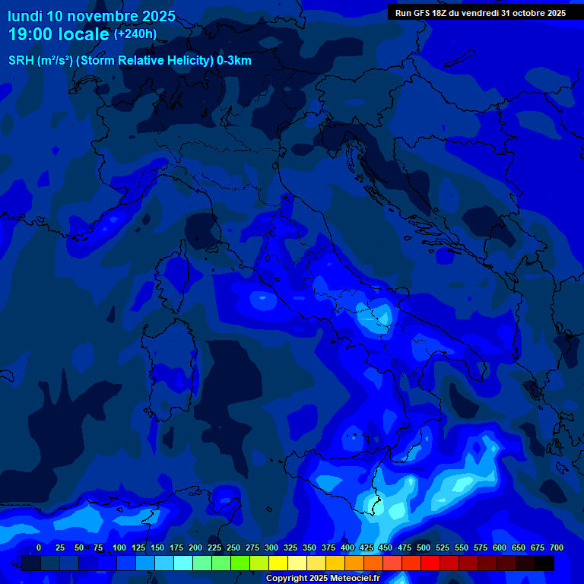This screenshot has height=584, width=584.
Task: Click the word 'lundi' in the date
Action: (x=24, y=16)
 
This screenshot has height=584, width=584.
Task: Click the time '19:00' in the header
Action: (x=32, y=34)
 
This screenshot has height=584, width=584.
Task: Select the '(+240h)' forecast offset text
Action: (x=135, y=34)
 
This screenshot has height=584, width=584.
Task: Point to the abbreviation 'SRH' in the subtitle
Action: (x=21, y=61)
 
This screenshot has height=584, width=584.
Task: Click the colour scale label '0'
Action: (x=39, y=547)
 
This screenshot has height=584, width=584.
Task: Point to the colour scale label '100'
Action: (x=119, y=547)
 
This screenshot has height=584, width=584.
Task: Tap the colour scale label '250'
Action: (x=233, y=547)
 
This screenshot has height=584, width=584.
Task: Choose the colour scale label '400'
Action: (x=348, y=547)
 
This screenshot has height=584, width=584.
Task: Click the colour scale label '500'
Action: (x=424, y=547)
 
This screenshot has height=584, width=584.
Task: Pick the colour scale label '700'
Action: (x=557, y=547)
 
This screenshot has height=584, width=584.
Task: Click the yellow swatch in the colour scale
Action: (x=278, y=563)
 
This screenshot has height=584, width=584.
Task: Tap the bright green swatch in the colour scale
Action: (x=240, y=563)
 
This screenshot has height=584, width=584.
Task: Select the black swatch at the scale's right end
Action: (x=544, y=563)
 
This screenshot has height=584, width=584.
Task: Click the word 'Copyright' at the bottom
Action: (x=285, y=579)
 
